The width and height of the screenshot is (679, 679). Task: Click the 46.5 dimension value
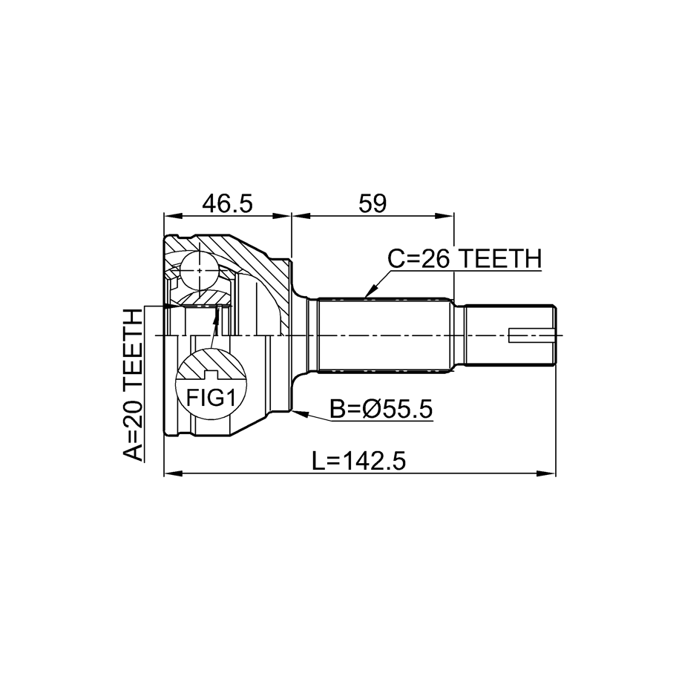tap(227, 203)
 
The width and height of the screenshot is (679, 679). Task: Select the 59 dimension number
tap(373, 203)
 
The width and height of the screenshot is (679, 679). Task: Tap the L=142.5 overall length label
tap(359, 461)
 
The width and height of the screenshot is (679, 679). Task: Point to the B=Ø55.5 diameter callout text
tap(381, 409)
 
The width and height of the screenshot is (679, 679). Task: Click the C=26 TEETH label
tap(465, 258)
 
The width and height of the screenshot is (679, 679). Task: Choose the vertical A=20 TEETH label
tap(133, 385)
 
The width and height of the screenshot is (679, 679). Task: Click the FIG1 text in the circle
tap(211, 398)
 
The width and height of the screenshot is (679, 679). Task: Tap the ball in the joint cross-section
tap(199, 271)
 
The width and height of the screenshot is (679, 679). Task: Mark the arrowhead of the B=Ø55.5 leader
tap(299, 413)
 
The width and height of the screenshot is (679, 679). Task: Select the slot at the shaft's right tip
tap(532, 335)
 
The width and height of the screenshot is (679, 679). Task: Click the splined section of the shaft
tap(383, 335)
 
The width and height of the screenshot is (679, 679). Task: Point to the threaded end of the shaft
tap(510, 335)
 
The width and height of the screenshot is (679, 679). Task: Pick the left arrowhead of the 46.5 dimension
tap(172, 216)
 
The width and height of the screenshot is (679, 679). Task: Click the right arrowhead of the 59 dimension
tap(445, 216)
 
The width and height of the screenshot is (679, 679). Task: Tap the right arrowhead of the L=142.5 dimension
tap(546, 473)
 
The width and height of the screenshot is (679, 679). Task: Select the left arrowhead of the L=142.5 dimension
tap(173, 473)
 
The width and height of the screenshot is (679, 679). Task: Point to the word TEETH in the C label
tap(500, 258)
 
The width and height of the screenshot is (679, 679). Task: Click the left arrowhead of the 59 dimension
tap(301, 216)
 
